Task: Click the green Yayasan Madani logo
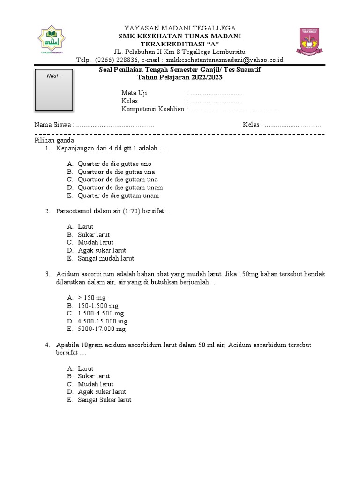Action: coord(51,41)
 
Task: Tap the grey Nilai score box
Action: coord(54,90)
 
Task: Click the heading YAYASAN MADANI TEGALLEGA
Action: coord(180,28)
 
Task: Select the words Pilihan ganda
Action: coord(54,140)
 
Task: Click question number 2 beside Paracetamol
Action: coord(48,211)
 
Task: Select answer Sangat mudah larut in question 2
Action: coord(106,258)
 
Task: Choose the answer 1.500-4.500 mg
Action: coord(101,313)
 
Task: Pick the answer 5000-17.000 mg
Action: coord(102,329)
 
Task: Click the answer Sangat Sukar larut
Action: coord(105,400)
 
